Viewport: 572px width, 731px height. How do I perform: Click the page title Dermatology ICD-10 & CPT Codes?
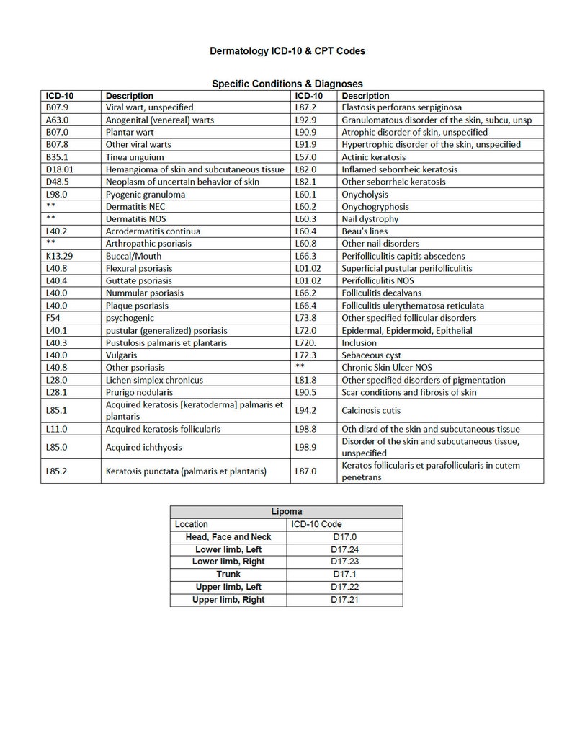coord(287,51)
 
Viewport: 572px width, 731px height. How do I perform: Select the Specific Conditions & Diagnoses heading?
coord(287,84)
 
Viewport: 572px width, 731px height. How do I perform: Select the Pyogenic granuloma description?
coord(146,194)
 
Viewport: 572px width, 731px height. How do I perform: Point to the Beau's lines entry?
coord(365,231)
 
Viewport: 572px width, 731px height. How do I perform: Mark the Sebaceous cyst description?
coord(372,355)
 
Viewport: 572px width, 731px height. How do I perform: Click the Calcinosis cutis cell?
coord(371,410)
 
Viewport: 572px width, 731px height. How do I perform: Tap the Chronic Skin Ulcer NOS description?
coord(387,368)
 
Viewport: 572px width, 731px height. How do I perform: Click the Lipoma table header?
coord(286,511)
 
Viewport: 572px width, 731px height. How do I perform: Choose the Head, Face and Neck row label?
coord(228,537)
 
